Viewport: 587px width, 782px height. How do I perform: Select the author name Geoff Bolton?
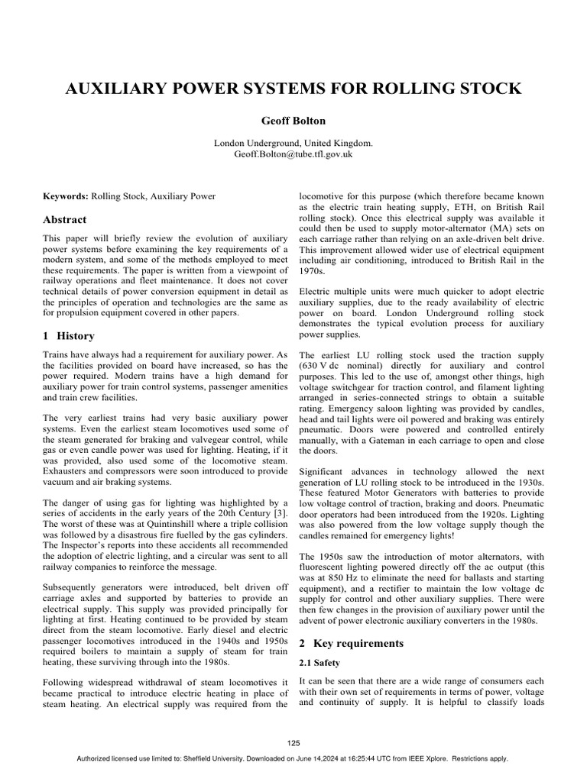293,120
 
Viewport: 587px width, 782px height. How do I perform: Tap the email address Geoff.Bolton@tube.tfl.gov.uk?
293,153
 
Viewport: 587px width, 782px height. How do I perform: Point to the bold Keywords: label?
66,196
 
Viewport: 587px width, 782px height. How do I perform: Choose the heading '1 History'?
69,335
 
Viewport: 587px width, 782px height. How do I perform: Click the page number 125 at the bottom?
293,743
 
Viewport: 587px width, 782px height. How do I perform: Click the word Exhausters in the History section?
70,472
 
